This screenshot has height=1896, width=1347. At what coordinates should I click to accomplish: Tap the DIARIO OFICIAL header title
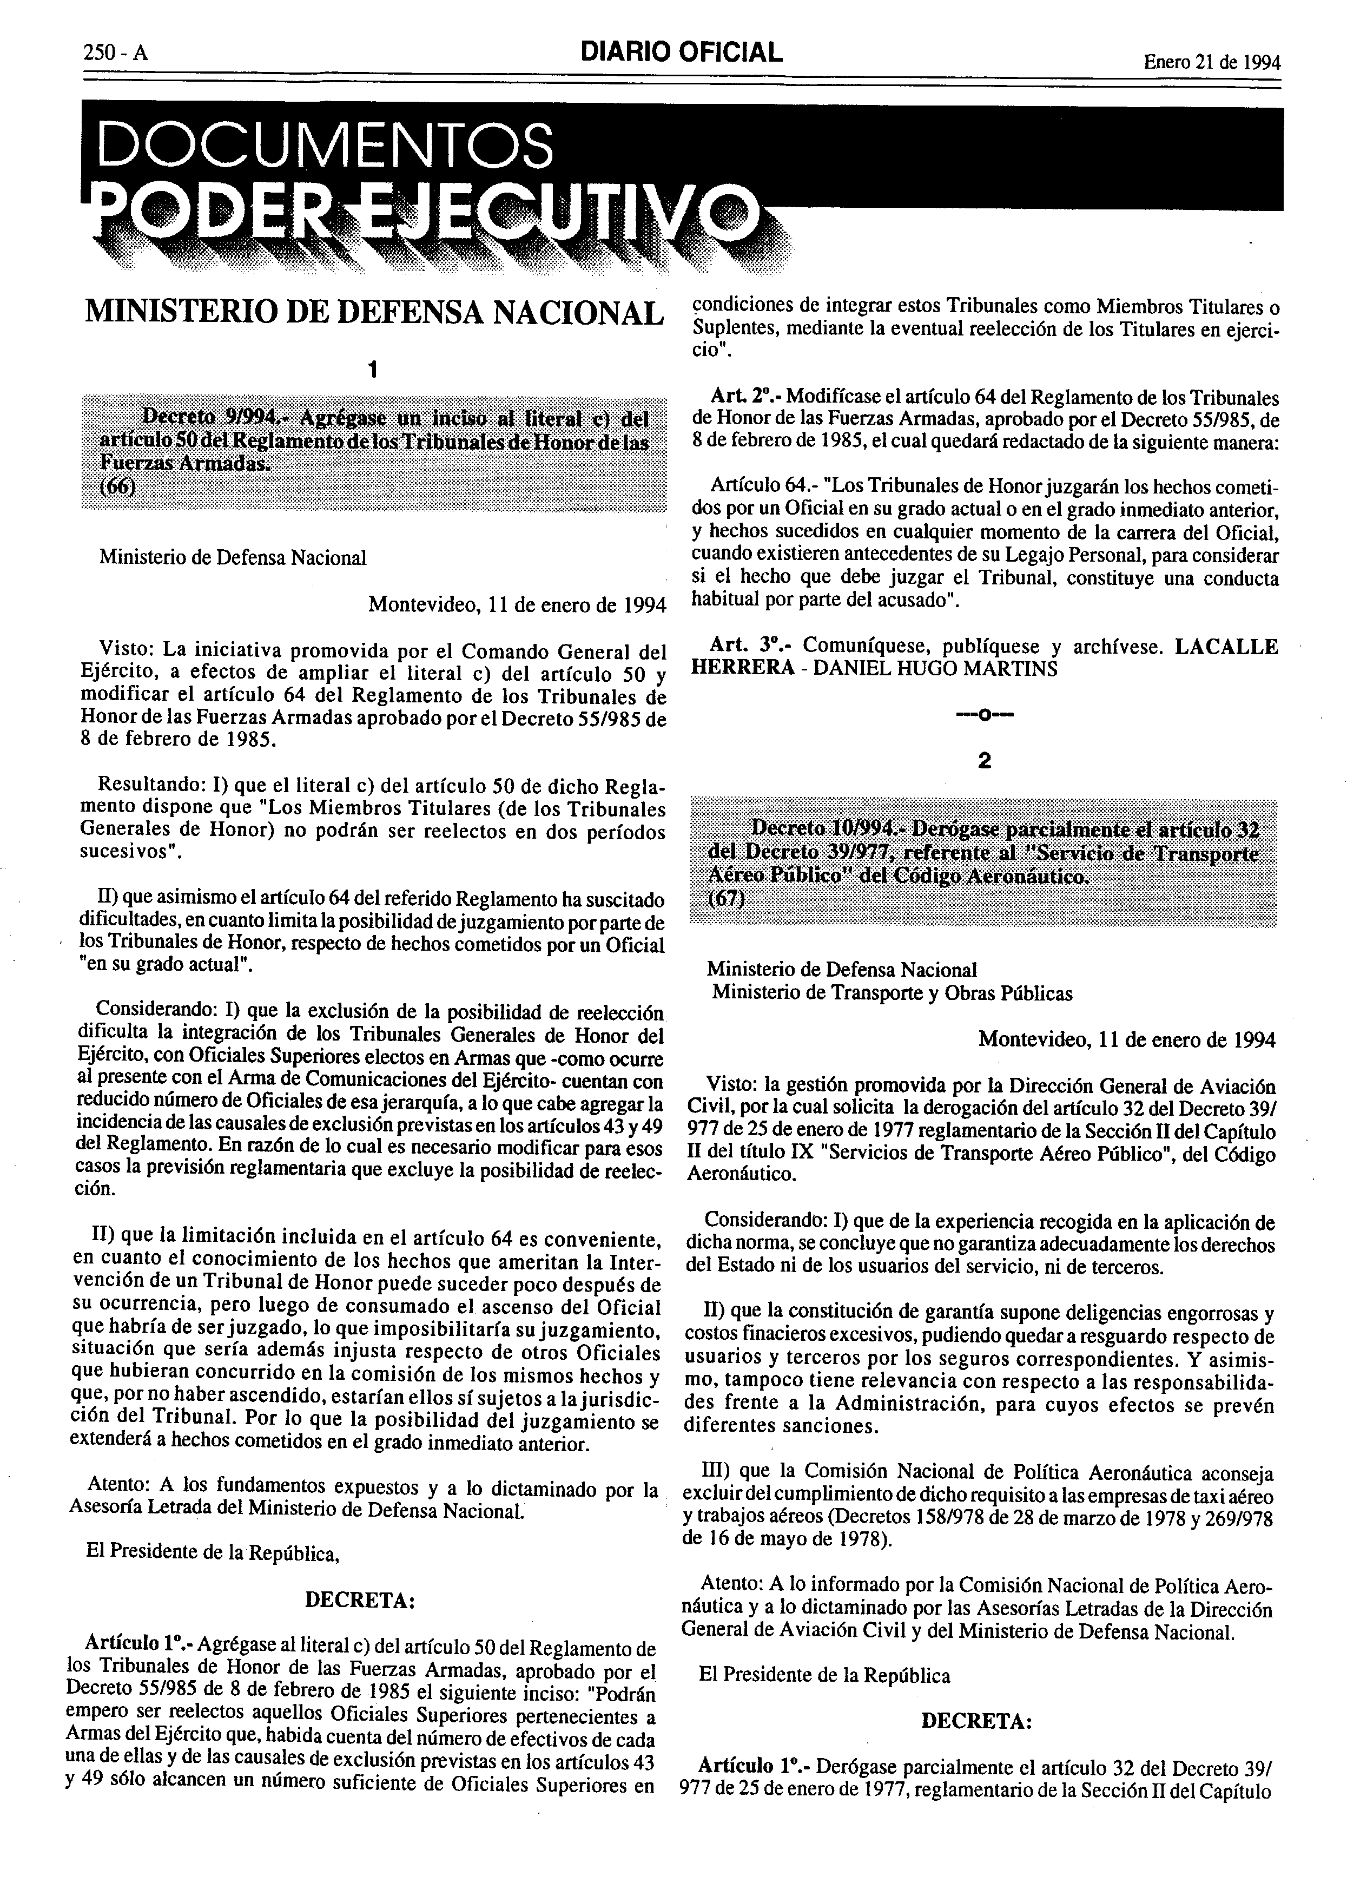[x=682, y=52]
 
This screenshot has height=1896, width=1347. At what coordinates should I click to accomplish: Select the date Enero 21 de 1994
[x=1211, y=61]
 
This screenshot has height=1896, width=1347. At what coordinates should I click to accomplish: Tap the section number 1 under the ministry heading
[x=374, y=368]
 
